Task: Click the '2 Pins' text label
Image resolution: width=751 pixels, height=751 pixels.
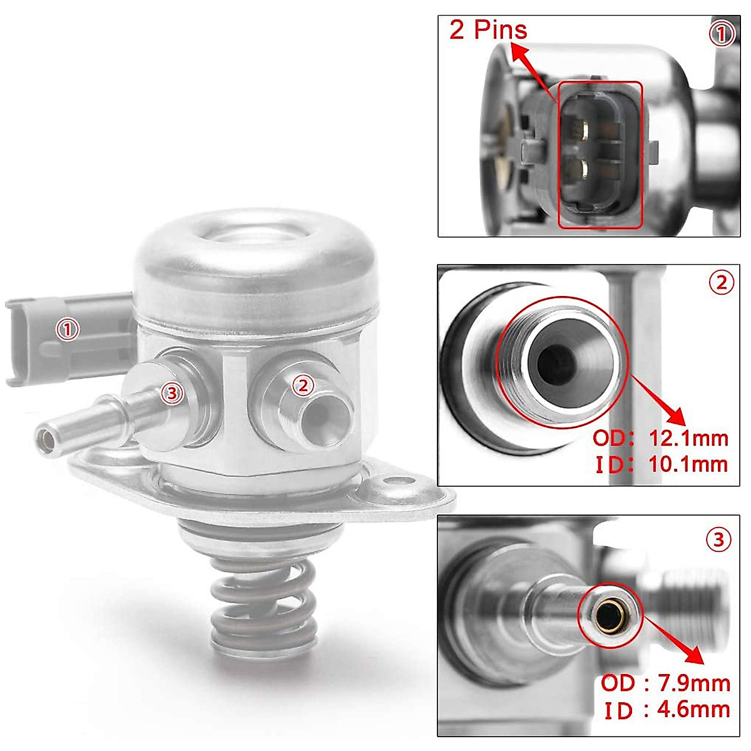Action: [488, 29]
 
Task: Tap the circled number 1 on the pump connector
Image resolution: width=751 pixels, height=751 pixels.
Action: [68, 329]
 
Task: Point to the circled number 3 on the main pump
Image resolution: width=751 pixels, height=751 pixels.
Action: [171, 393]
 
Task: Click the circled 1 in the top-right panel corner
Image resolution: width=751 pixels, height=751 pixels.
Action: [722, 34]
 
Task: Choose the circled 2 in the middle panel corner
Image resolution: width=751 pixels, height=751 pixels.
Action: [721, 283]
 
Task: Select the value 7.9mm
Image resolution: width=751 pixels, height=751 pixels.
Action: [695, 682]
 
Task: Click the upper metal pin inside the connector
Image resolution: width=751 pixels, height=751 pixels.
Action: [583, 130]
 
